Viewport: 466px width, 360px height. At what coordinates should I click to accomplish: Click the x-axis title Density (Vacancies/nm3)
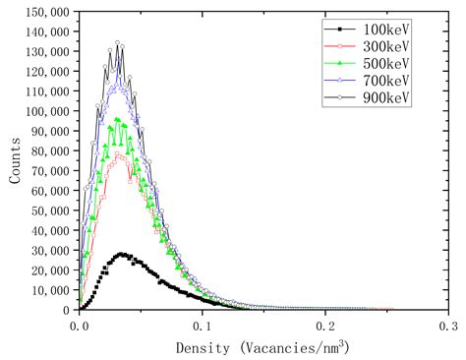tap(262, 347)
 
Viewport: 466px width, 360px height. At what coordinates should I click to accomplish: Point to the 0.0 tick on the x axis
tap(81, 324)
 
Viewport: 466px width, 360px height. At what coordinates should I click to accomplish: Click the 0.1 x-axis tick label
tap(204, 324)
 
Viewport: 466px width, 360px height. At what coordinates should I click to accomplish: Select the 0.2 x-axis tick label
tap(326, 324)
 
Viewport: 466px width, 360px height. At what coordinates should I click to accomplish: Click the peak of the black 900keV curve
tap(118, 42)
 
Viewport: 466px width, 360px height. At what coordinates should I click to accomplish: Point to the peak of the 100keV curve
tap(122, 254)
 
